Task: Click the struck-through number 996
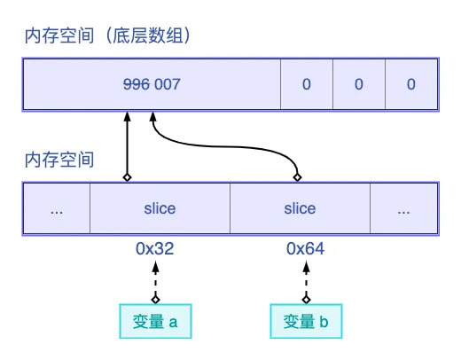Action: (x=137, y=85)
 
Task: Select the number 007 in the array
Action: (x=168, y=85)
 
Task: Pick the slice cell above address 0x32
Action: (x=160, y=209)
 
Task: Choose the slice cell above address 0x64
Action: (x=300, y=209)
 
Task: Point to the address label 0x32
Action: (x=154, y=249)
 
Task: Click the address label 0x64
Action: (x=305, y=249)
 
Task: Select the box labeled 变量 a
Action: (x=155, y=321)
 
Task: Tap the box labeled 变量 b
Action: (x=306, y=321)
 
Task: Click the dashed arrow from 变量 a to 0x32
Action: (x=155, y=282)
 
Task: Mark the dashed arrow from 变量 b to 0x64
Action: (x=306, y=282)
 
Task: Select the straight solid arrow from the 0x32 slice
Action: (x=127, y=146)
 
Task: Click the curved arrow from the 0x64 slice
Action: (x=222, y=144)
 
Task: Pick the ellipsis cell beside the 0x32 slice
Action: (x=57, y=209)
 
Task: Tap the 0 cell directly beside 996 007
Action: (x=307, y=85)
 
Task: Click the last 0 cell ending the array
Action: (x=411, y=85)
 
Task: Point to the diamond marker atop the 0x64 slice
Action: (x=299, y=176)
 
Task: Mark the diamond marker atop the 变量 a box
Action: (x=155, y=299)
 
